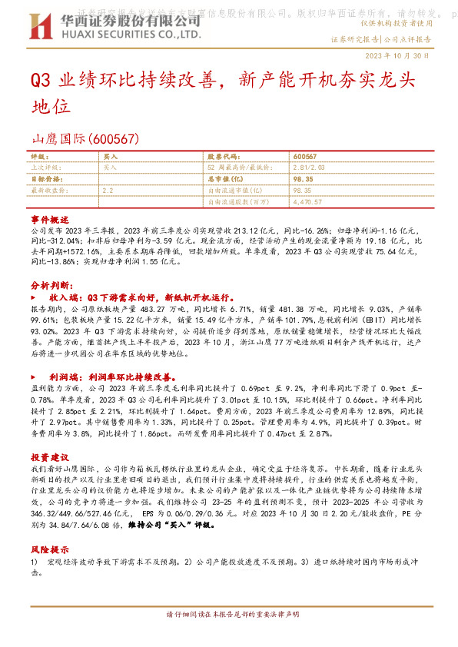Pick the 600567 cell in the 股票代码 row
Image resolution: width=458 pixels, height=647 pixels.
306,155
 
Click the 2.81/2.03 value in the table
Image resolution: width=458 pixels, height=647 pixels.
314,165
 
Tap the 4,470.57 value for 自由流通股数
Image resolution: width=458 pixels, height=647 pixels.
308,201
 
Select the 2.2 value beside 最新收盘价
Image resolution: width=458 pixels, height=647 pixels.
108,189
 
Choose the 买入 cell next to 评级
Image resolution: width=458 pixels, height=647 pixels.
111,155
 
